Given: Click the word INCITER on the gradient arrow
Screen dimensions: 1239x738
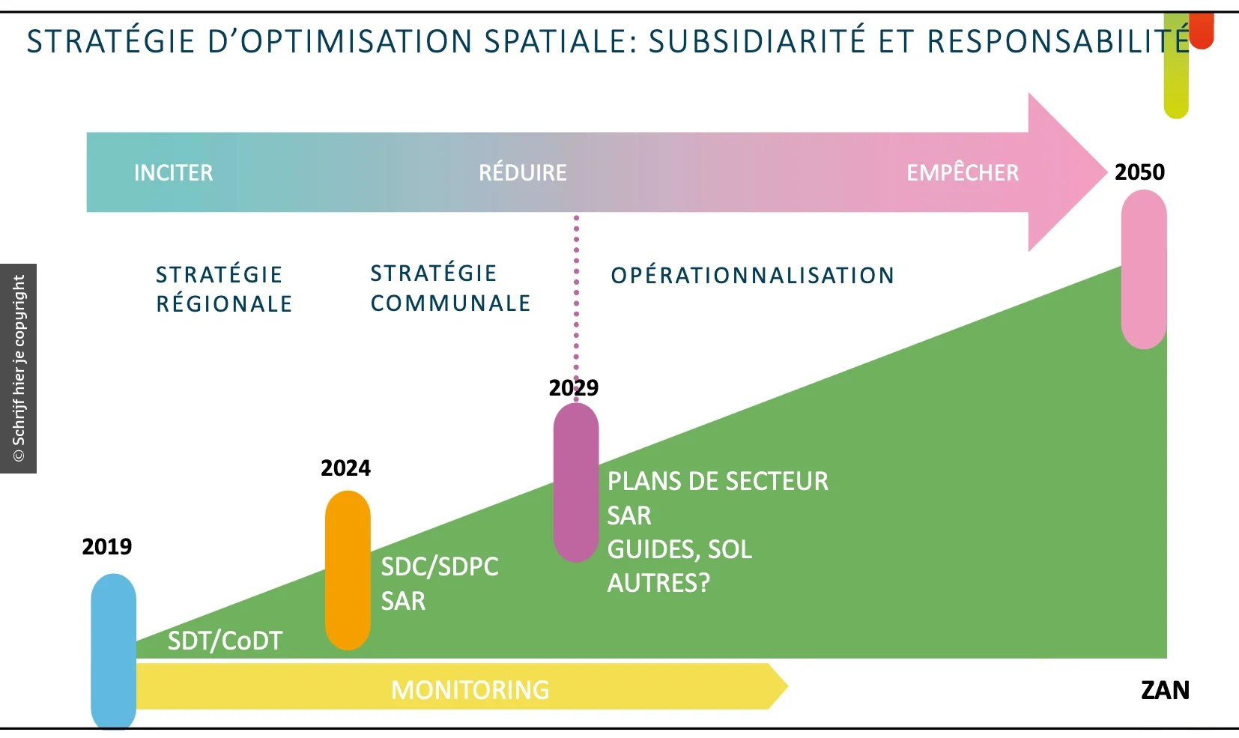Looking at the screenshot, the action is pyautogui.click(x=173, y=172).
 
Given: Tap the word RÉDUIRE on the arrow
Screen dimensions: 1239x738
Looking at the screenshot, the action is pyautogui.click(x=523, y=172).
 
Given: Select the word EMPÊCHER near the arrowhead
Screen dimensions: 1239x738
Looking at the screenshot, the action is pyautogui.click(x=963, y=172).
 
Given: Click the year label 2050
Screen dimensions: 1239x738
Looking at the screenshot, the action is pyautogui.click(x=1139, y=172).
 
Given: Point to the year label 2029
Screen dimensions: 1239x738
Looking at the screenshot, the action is pyautogui.click(x=574, y=388).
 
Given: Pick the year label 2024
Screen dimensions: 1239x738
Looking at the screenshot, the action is pyautogui.click(x=345, y=468).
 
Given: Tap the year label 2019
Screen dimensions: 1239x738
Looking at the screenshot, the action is pyautogui.click(x=107, y=547).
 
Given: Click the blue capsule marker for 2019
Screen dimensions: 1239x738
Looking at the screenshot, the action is pyautogui.click(x=113, y=652).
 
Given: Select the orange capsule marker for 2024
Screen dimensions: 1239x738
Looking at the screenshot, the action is pyautogui.click(x=348, y=570).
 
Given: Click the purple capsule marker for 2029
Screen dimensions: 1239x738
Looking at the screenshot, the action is pyautogui.click(x=576, y=483).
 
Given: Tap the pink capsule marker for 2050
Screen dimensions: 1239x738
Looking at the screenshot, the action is pyautogui.click(x=1144, y=270).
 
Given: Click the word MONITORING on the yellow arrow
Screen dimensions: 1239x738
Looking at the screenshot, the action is pyautogui.click(x=470, y=690).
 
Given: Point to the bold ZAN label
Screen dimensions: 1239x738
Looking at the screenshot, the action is pyautogui.click(x=1165, y=690).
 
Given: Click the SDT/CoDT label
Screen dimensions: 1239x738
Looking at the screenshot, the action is pyautogui.click(x=225, y=641).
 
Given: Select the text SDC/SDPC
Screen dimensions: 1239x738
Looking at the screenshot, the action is pyautogui.click(x=440, y=566).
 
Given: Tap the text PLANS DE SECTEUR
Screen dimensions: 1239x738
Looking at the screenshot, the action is pyautogui.click(x=718, y=481).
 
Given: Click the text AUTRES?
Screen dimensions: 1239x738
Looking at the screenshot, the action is pyautogui.click(x=658, y=583).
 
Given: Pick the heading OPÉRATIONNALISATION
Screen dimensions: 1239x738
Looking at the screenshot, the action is pyautogui.click(x=752, y=276).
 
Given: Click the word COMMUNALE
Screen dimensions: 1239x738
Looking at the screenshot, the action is pyautogui.click(x=450, y=303).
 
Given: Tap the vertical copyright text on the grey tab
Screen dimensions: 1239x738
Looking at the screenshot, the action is pyautogui.click(x=19, y=368).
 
